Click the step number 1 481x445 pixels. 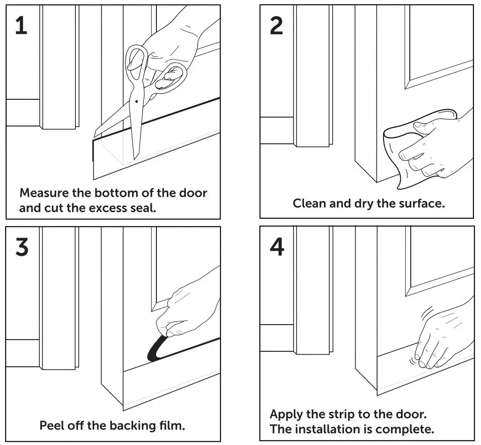coord(21,26)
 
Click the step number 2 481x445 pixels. coord(276,26)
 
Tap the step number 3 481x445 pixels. coord(22,247)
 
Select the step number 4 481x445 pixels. coord(277,247)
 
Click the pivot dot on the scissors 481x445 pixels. coord(136,101)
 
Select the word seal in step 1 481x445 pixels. coord(143,208)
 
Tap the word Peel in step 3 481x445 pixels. coord(52,425)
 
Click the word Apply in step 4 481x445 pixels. coord(286,415)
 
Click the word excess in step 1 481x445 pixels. coord(108,208)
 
